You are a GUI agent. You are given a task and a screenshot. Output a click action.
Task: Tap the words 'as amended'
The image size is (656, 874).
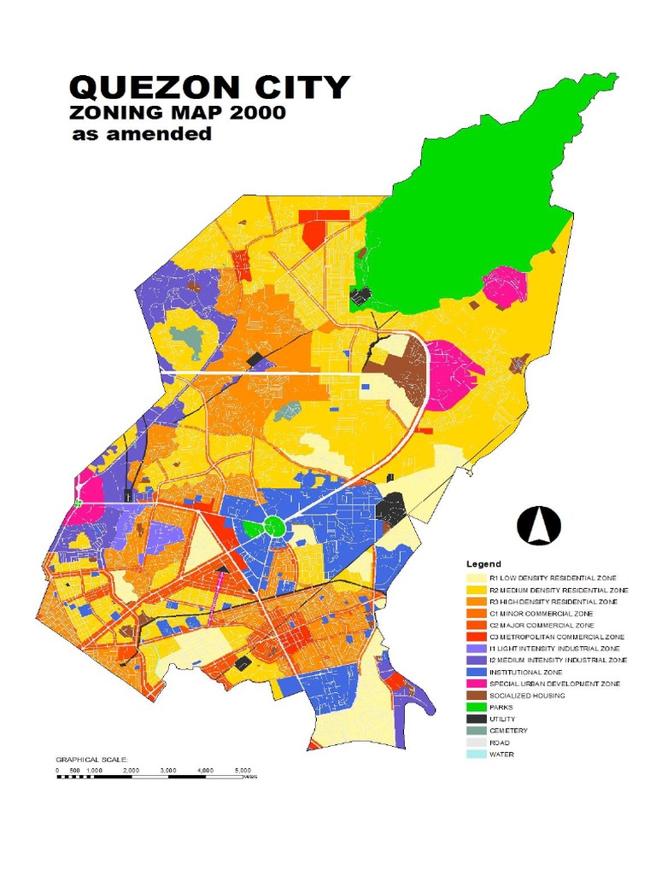[x=141, y=134]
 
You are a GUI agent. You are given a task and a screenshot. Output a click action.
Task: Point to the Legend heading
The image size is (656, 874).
[x=483, y=565]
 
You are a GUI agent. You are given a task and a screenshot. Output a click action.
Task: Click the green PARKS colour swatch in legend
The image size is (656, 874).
[x=476, y=708]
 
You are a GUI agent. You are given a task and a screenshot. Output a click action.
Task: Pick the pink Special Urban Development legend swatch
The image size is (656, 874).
[x=476, y=684]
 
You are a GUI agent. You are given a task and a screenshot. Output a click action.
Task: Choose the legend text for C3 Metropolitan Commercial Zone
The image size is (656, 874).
[x=556, y=637]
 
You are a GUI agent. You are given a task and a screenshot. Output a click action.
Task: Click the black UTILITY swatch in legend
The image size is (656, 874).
[x=476, y=720]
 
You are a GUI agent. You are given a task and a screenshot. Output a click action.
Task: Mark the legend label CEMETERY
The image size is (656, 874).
[x=508, y=731]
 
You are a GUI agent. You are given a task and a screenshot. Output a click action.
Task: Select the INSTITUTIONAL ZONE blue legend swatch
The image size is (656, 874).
[x=476, y=672]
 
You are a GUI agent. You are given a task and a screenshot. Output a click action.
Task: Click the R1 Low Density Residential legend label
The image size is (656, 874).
[x=553, y=578]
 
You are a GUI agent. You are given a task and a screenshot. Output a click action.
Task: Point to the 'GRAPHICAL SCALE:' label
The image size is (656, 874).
[x=91, y=759]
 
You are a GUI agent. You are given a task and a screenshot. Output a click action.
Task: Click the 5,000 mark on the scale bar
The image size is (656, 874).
[x=242, y=770]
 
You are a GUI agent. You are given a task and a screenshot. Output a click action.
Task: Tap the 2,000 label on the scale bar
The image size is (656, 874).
[x=131, y=770]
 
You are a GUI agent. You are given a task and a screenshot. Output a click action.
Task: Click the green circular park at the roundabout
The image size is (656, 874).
[x=274, y=526]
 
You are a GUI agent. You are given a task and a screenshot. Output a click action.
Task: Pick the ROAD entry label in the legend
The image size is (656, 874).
[x=500, y=743]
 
